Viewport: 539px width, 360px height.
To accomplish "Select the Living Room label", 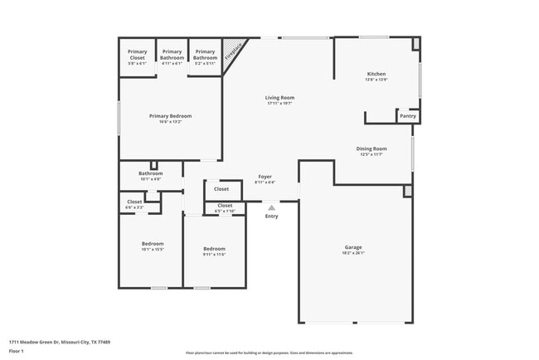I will (x=279, y=98).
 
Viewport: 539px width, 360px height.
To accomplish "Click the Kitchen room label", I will (x=376, y=74).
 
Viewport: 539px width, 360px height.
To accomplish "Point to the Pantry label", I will (x=407, y=116).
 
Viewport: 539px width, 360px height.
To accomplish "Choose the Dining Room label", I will (x=371, y=148).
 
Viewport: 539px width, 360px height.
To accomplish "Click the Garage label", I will (x=353, y=247).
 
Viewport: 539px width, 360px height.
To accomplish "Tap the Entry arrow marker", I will (x=271, y=207).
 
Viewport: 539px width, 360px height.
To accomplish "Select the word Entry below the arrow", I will (x=271, y=216).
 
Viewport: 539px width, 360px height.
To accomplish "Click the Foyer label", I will (x=265, y=177).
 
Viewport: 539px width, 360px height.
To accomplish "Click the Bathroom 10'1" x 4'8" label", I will (x=150, y=173).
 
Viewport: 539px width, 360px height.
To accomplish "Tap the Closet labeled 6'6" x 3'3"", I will (x=134, y=204).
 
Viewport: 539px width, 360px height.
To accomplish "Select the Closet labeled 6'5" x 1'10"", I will (x=225, y=207).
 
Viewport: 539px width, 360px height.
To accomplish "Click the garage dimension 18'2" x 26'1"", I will (x=353, y=253).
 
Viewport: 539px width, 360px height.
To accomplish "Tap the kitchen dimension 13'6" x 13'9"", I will (x=376, y=80).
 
